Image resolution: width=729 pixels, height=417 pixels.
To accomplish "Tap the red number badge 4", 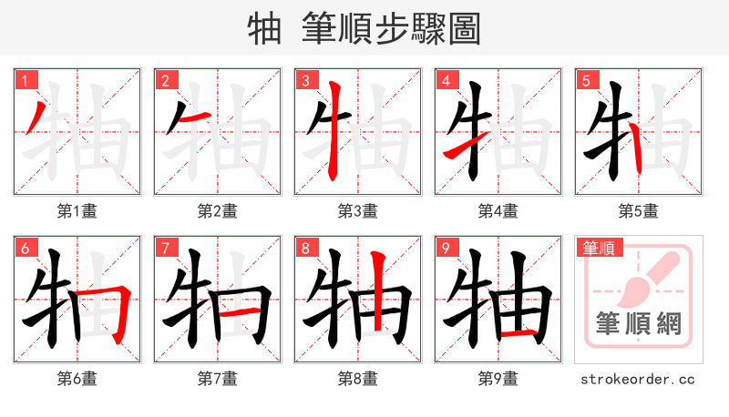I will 445,80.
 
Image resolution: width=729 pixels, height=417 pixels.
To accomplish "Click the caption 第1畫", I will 77,210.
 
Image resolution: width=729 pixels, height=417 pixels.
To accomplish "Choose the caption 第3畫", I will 357,210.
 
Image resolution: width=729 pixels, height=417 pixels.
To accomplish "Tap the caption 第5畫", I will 638,210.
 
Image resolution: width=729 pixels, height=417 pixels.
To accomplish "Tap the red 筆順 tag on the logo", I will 598,248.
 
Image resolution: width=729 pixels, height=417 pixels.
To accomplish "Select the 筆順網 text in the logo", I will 638,325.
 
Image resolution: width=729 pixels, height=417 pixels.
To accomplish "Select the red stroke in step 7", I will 241,312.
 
